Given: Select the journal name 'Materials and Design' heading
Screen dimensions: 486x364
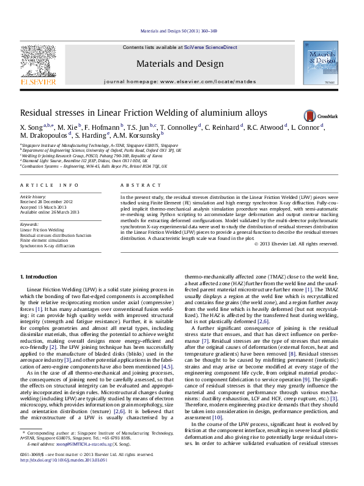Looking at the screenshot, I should coord(180,63).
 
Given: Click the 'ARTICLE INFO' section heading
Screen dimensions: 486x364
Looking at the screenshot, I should coord(50,185).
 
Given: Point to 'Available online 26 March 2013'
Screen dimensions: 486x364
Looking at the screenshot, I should coord(50,212).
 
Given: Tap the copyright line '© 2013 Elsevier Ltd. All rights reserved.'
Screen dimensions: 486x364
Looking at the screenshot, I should coord(297,244).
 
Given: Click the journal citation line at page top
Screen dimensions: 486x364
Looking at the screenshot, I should coord(179,30).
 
